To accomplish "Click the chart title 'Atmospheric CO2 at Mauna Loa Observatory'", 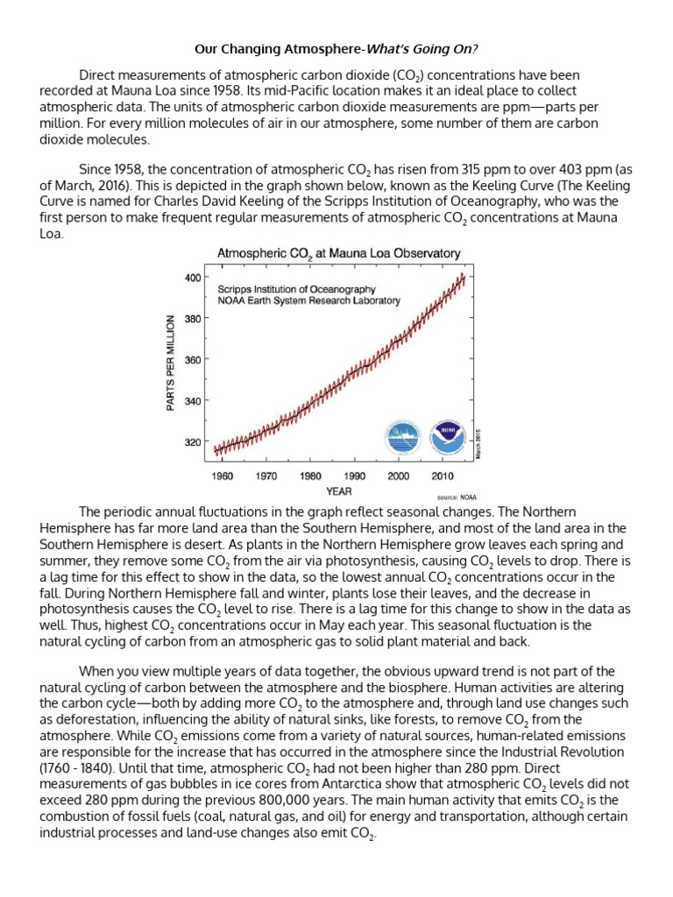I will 338,253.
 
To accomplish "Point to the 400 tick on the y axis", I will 192,278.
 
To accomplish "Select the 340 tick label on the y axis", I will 192,401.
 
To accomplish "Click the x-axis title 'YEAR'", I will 338,491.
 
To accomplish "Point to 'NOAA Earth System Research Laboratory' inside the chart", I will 308,300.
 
